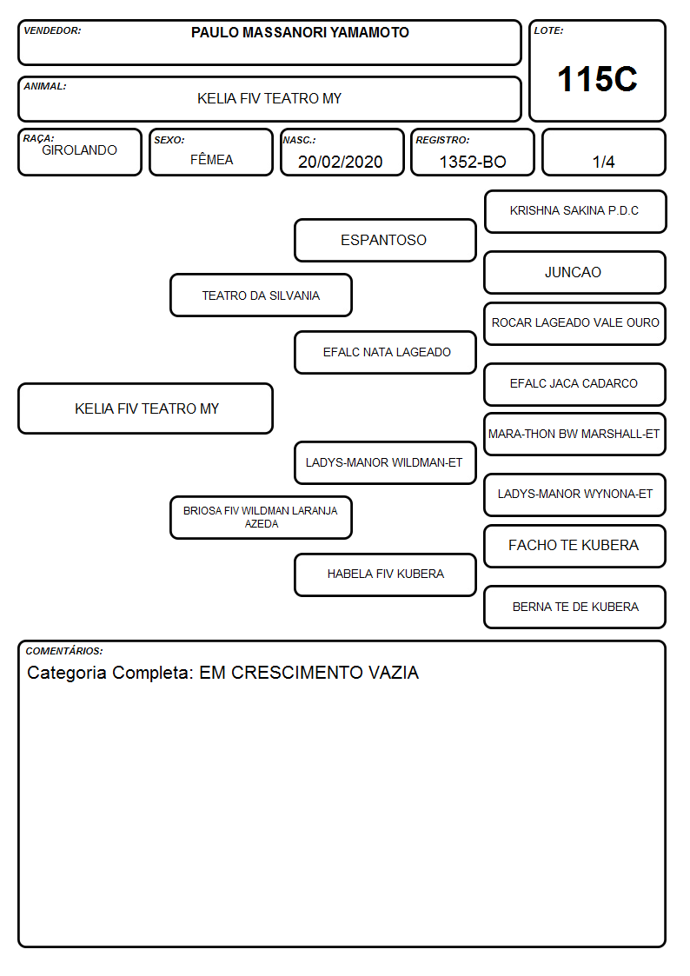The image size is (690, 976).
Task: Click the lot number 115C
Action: tap(597, 79)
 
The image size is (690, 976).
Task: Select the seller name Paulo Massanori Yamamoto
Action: tap(300, 32)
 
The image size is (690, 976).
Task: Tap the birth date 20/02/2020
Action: tap(341, 162)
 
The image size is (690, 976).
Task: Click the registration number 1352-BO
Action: tap(473, 162)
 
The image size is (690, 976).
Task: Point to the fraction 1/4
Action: tap(603, 162)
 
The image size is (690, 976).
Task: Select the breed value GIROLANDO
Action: tap(80, 150)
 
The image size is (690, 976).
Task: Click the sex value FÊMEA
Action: tap(211, 159)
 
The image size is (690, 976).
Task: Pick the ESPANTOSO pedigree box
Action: tap(385, 240)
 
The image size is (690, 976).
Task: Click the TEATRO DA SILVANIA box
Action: tap(261, 295)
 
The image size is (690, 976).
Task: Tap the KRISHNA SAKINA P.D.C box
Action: tap(575, 212)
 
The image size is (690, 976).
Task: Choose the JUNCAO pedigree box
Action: tap(575, 272)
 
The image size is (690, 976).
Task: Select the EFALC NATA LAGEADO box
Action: tap(385, 352)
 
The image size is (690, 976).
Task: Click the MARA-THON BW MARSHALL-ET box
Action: tap(575, 434)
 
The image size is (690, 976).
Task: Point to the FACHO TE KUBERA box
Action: tap(575, 546)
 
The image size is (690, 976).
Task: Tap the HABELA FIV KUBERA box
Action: tap(385, 574)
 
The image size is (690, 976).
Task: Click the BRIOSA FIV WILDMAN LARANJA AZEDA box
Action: tap(261, 517)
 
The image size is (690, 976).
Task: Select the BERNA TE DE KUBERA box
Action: tap(575, 607)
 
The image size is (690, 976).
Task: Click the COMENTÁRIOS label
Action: tap(64, 651)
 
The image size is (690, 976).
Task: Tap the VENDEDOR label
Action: tap(52, 30)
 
